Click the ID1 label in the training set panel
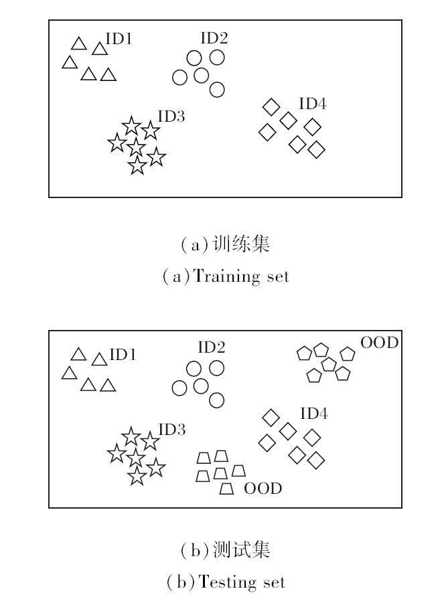click(119, 39)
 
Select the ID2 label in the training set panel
click(214, 38)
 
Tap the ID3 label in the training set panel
click(171, 116)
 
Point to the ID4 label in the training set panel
click(313, 104)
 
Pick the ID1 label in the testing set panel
click(123, 355)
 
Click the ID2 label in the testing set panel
click(211, 347)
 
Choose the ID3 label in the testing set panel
click(171, 429)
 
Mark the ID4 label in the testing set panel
click(313, 414)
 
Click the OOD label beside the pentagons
click(380, 343)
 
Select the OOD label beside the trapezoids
click(263, 489)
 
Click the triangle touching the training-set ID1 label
click(100, 49)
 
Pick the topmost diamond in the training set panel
click(271, 106)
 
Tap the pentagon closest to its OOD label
click(347, 353)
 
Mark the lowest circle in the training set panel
click(216, 89)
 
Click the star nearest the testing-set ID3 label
click(149, 441)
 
